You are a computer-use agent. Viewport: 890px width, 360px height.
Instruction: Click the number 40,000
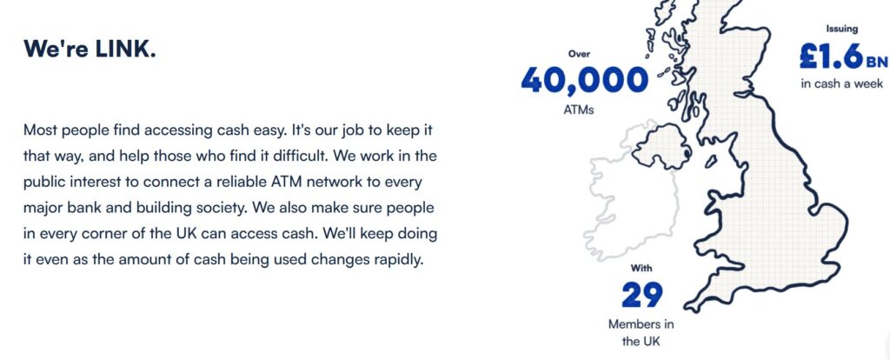pyautogui.click(x=584, y=81)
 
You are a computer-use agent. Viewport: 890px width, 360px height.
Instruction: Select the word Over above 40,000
pyautogui.click(x=579, y=53)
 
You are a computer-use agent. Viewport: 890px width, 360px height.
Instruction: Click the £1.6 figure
pyautogui.click(x=831, y=57)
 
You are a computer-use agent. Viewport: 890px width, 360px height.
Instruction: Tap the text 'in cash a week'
pyautogui.click(x=842, y=83)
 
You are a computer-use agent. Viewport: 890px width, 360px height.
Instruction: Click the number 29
pyautogui.click(x=642, y=296)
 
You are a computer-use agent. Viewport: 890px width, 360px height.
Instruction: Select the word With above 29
pyautogui.click(x=642, y=269)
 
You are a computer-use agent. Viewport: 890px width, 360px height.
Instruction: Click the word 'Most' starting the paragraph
pyautogui.click(x=41, y=130)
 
